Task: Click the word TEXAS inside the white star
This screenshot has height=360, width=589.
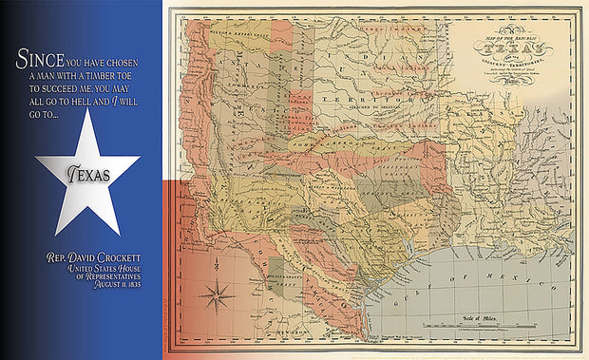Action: [88, 175]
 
